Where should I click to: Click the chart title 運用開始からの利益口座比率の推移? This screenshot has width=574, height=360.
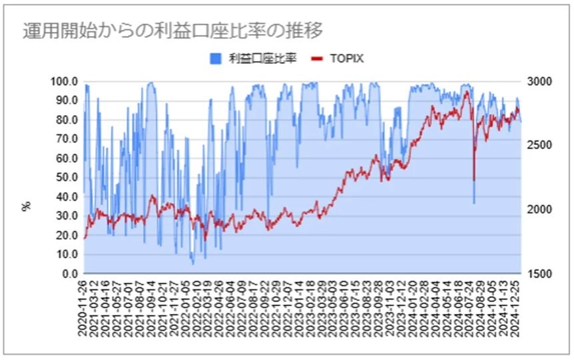pos(172,31)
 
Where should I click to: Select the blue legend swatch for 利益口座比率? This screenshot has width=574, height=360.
pos(214,59)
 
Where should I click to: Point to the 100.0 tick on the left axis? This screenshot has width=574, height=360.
pos(65,81)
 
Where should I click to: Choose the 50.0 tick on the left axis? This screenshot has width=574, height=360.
pos(67,178)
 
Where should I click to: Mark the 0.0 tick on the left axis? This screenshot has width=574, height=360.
pos(70,273)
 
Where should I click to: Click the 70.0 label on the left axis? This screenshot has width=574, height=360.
pos(67,139)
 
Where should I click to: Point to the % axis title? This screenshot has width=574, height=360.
pos(27,206)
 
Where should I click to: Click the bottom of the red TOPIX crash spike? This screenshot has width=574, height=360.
pos(473,180)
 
